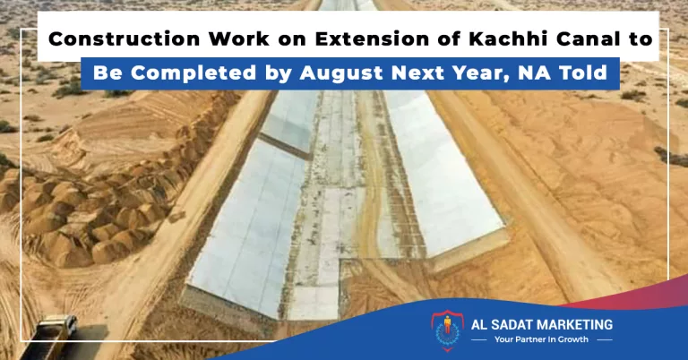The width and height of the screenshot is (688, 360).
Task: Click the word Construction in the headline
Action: pyautogui.click(x=125, y=39)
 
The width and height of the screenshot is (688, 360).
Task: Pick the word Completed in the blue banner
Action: pyautogui.click(x=193, y=73)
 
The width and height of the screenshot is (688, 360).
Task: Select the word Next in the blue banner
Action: pyautogui.click(x=418, y=73)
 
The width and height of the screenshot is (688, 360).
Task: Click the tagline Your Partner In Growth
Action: pyautogui.click(x=541, y=339)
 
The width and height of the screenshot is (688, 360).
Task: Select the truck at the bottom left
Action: pyautogui.click(x=50, y=336)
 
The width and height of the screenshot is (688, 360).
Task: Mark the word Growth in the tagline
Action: pyautogui.click(x=573, y=339)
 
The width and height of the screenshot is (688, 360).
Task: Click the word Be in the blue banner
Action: pyautogui.click(x=107, y=73)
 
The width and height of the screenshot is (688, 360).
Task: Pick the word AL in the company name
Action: pyautogui.click(x=477, y=325)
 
